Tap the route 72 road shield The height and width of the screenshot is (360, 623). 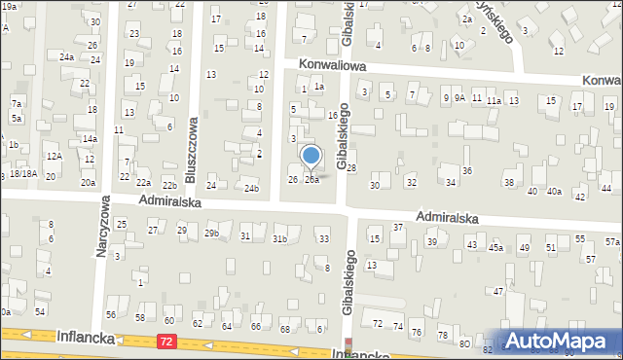pos(168,342)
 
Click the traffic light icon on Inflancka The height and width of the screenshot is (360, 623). pos(348,345)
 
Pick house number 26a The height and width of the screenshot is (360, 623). pos(311,180)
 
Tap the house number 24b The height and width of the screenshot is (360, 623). pos(251,188)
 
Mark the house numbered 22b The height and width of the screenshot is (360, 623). pos(169,185)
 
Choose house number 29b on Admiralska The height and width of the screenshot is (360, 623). pos(211,233)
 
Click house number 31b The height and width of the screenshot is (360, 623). pos(279,238)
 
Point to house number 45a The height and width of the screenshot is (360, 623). pos(496,248)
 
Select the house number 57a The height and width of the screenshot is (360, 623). pos(611,241)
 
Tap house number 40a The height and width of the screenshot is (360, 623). pos(554,191)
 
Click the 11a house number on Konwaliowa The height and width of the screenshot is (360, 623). pos(494,100)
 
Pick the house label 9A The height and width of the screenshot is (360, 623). pos(459,97)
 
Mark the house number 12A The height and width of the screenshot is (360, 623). pos(55,157)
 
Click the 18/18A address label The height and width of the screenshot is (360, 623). pos(24,173)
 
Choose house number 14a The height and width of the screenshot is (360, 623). pos(89,139)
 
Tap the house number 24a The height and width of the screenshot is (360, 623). pos(66,57)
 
